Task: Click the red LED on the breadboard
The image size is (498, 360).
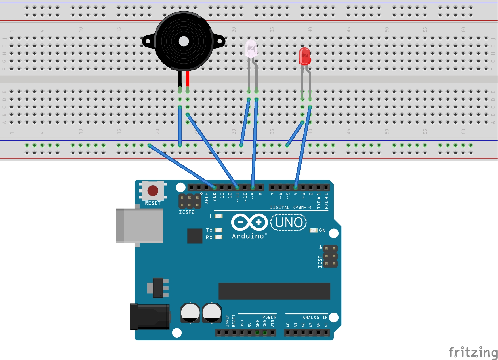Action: point(305,56)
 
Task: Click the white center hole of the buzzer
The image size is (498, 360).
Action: point(184,41)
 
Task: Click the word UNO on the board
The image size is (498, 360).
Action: point(289,222)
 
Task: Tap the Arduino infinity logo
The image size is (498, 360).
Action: point(249,222)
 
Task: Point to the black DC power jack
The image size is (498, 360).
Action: point(150,317)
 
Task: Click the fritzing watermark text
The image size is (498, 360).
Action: point(473,352)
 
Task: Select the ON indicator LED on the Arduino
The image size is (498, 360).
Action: point(313,230)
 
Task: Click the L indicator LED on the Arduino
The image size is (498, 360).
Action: point(218,216)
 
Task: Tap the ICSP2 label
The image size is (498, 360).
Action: point(187,212)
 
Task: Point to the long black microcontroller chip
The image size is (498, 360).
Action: point(274,291)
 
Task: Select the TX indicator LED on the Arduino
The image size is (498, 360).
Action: point(218,230)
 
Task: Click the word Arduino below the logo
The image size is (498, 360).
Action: point(248,236)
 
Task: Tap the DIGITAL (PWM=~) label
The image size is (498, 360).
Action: point(291,207)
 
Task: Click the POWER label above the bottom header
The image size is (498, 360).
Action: point(269,317)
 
